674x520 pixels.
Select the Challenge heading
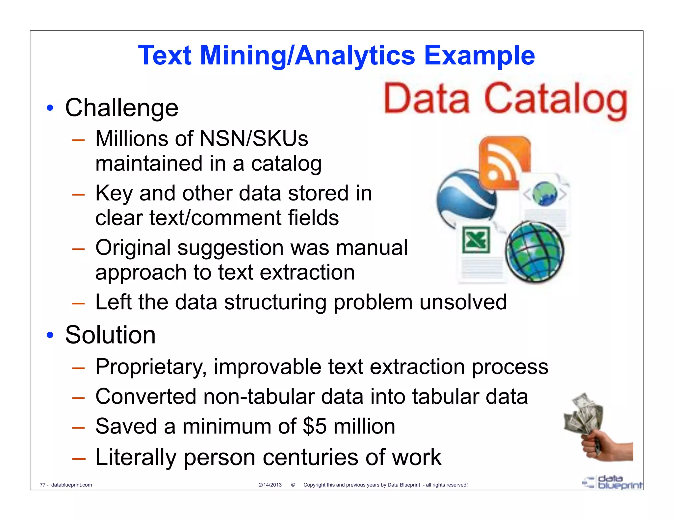121,108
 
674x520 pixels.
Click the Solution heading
110,335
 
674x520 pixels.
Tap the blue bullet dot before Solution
50,335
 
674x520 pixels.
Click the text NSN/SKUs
254,138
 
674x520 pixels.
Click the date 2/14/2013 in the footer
270,485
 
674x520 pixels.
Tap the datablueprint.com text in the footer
71,485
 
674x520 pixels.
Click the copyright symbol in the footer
293,485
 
